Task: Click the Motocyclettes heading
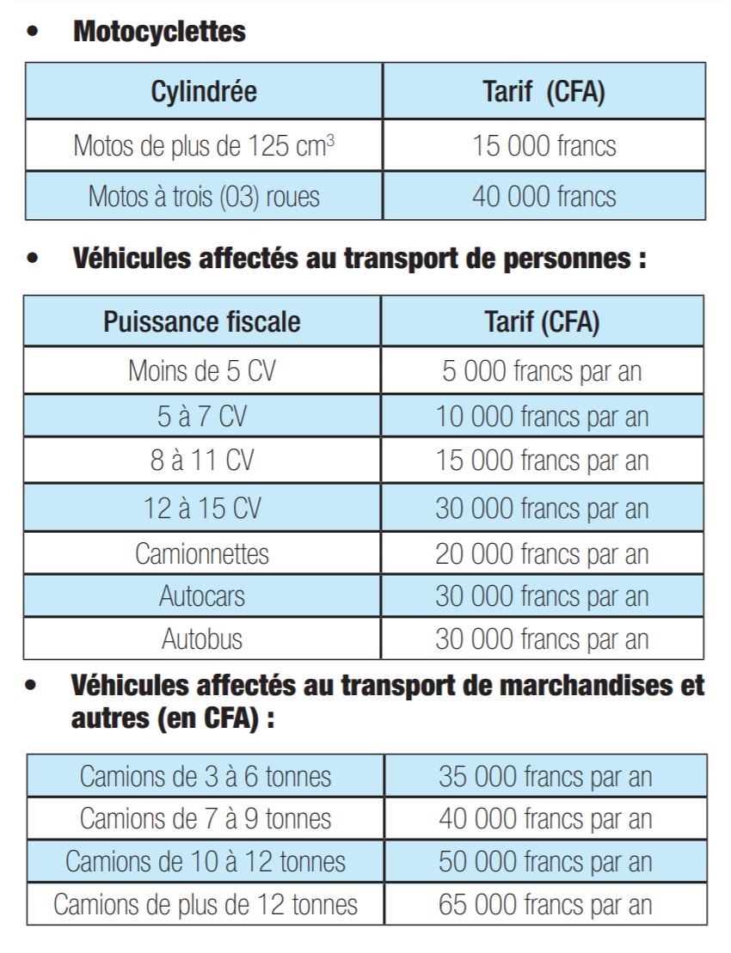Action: [159, 33]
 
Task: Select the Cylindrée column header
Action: [204, 91]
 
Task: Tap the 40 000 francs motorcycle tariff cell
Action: [544, 196]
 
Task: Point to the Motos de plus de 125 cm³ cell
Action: [204, 145]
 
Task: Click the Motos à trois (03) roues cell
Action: [204, 196]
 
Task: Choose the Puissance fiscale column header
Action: [202, 322]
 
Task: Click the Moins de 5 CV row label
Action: [202, 371]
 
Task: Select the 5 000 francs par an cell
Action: [542, 371]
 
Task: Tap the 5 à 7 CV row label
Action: [202, 417]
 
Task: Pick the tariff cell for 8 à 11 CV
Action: [542, 461]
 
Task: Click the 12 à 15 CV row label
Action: [202, 508]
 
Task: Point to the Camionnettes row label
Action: [202, 553]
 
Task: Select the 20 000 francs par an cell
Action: [542, 553]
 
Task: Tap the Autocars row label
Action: [202, 596]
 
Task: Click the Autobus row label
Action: [202, 638]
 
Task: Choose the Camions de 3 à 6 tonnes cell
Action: [206, 777]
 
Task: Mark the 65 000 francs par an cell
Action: [545, 904]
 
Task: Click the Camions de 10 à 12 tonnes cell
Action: [206, 861]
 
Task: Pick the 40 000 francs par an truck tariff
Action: [545, 818]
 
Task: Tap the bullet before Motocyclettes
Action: [33, 34]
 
